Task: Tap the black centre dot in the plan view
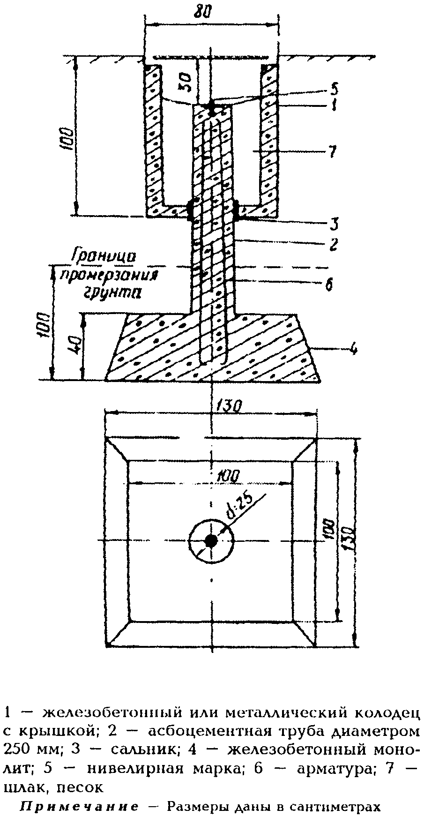[211, 540]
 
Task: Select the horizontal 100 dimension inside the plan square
[228, 476]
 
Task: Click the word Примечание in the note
[79, 807]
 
